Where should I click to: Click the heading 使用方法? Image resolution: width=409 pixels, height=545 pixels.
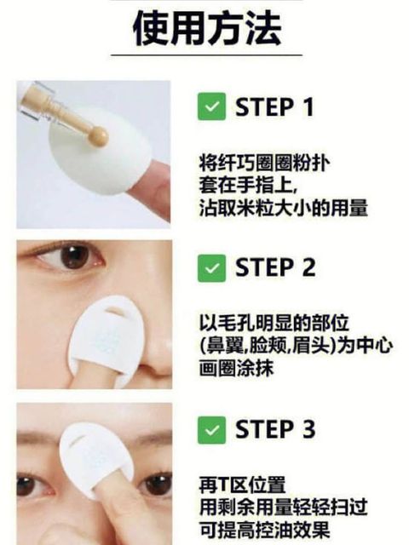pyautogui.click(x=207, y=28)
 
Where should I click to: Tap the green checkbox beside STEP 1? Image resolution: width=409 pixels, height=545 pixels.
pyautogui.click(x=212, y=106)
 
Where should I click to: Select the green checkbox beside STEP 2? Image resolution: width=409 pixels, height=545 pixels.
pyautogui.click(x=212, y=268)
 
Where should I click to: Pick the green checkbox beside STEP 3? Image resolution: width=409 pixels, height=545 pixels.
pyautogui.click(x=212, y=430)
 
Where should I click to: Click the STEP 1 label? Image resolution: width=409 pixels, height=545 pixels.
pyautogui.click(x=274, y=106)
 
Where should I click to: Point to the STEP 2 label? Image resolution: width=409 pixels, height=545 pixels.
pyautogui.click(x=275, y=267)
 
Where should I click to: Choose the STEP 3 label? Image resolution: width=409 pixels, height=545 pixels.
pyautogui.click(x=275, y=429)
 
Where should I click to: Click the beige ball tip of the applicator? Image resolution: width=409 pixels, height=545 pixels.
pyautogui.click(x=98, y=136)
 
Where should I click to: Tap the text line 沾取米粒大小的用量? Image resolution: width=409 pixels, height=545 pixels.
pyautogui.click(x=284, y=208)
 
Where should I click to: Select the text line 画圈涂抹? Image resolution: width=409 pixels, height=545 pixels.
pyautogui.click(x=237, y=368)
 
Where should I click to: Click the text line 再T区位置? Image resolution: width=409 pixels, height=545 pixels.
pyautogui.click(x=242, y=485)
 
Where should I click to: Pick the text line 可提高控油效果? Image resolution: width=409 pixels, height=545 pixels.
pyautogui.click(x=264, y=530)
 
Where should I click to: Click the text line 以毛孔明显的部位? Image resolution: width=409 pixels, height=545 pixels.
pyautogui.click(x=274, y=323)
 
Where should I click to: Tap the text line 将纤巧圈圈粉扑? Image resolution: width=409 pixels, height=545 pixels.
pyautogui.click(x=264, y=163)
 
